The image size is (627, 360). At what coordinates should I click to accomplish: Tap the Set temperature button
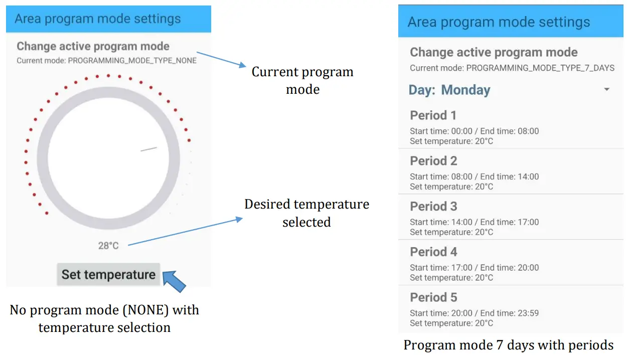[x=108, y=275]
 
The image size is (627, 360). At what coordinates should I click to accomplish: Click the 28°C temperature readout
[x=108, y=246]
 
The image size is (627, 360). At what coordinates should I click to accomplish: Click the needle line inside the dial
[x=148, y=149]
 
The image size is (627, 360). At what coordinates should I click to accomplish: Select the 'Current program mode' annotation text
[x=302, y=80]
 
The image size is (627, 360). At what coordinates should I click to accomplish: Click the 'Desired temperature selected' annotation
[x=306, y=213]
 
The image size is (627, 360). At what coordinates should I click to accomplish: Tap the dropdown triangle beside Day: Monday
[x=606, y=90]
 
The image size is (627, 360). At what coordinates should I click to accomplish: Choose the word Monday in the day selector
[x=465, y=90]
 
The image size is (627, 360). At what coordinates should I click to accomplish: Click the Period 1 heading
[x=433, y=115]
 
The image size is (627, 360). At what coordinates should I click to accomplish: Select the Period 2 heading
[x=433, y=161]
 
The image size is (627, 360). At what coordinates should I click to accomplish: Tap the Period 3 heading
[x=433, y=207]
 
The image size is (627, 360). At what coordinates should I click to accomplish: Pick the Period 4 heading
[x=433, y=252]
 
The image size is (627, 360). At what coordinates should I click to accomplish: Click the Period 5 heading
[x=433, y=297]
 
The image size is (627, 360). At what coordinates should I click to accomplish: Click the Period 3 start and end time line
[x=474, y=222]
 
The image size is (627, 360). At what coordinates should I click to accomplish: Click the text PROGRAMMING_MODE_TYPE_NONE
[x=132, y=61]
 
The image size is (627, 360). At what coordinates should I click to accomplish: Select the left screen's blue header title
[x=97, y=19]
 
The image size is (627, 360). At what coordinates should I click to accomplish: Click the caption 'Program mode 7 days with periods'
[x=509, y=345]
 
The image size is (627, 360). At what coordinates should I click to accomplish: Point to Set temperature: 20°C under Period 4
[x=451, y=278]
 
